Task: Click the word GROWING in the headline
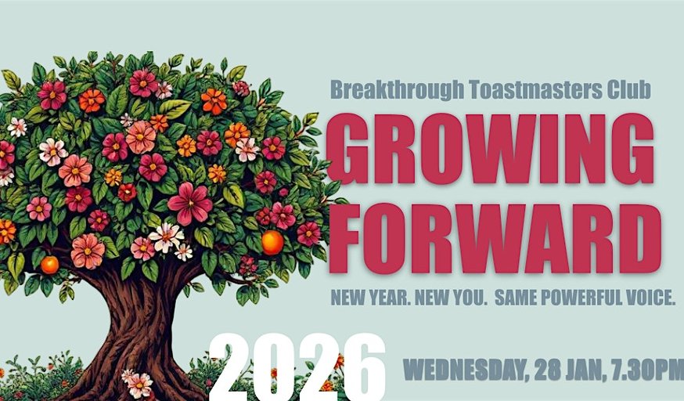(x=491, y=148)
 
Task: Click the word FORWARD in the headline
(x=495, y=238)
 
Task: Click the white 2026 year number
(x=298, y=368)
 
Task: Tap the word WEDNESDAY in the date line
(x=463, y=371)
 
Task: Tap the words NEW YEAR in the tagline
(x=370, y=298)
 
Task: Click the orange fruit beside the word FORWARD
(x=272, y=243)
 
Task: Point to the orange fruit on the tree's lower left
(x=50, y=265)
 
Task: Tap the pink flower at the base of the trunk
(x=139, y=385)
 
